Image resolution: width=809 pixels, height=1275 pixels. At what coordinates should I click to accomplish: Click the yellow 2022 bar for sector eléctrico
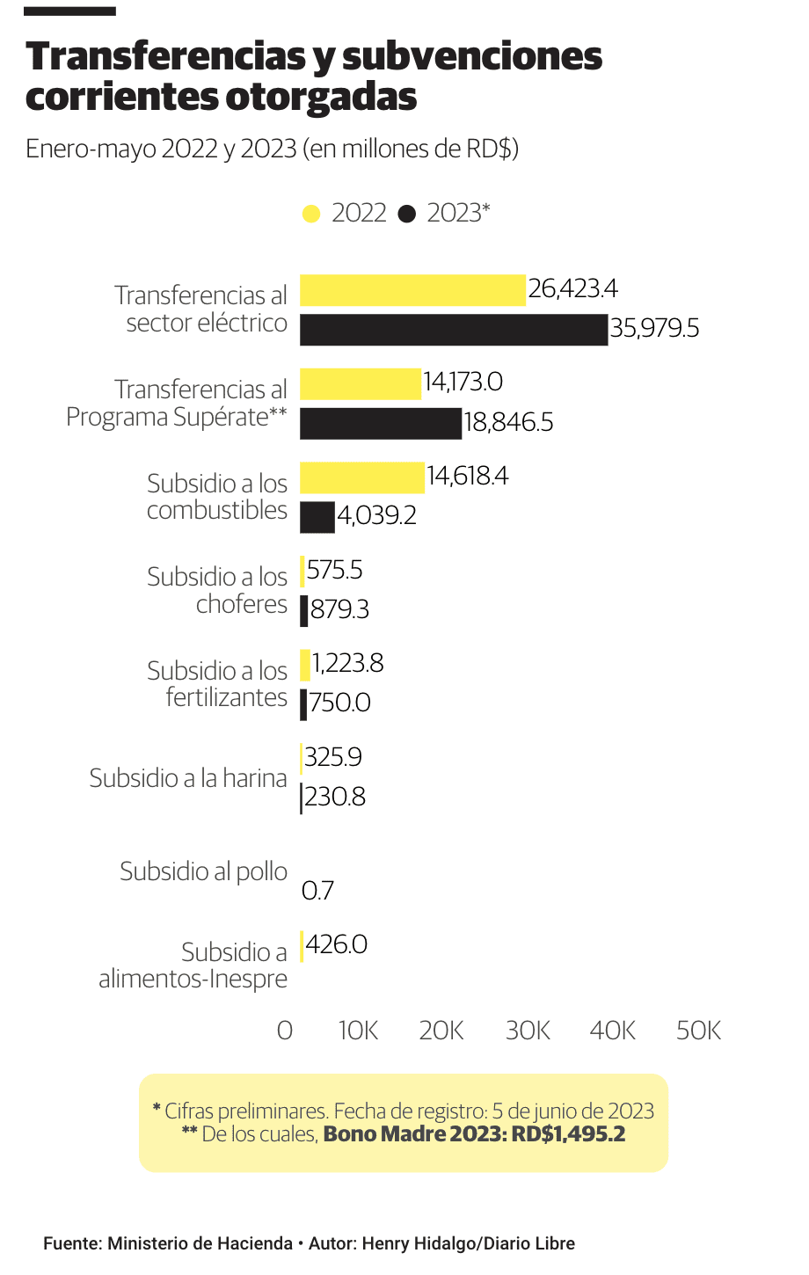(x=412, y=290)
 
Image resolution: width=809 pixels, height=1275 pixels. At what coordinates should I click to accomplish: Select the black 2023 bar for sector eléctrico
(x=453, y=330)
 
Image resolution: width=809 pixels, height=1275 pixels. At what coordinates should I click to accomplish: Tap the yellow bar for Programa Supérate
(x=361, y=384)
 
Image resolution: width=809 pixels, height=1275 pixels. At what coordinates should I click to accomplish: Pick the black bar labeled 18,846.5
(x=380, y=423)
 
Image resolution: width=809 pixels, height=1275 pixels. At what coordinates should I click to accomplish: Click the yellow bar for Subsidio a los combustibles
(x=362, y=477)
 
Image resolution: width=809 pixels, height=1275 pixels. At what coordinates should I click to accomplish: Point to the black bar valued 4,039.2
(x=317, y=517)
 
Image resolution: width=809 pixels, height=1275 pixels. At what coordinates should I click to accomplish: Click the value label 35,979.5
(x=655, y=329)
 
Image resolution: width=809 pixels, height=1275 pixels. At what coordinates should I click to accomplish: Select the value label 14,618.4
(x=468, y=477)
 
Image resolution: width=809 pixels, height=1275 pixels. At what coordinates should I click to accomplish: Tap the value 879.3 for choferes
(x=339, y=609)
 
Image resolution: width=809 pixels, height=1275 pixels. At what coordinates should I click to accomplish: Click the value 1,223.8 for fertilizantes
(x=348, y=663)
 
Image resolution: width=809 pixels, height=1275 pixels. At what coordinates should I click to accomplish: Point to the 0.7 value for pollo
(x=317, y=891)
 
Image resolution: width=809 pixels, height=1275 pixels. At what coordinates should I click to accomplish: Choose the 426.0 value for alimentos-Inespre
(x=337, y=944)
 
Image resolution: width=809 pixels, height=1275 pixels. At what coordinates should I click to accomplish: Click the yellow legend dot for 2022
(x=310, y=214)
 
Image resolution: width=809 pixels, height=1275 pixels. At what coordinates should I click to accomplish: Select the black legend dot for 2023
(x=406, y=214)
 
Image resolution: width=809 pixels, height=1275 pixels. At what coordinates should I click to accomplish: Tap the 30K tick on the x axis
(x=528, y=1031)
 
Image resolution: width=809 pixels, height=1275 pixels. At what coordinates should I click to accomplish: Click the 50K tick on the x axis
(x=698, y=1031)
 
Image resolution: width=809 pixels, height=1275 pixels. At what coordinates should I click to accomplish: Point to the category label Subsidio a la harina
(x=188, y=778)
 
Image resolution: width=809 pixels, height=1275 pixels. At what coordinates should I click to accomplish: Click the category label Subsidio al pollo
(x=203, y=871)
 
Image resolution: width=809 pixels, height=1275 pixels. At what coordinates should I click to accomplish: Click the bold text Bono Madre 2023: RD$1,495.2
(x=474, y=1134)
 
